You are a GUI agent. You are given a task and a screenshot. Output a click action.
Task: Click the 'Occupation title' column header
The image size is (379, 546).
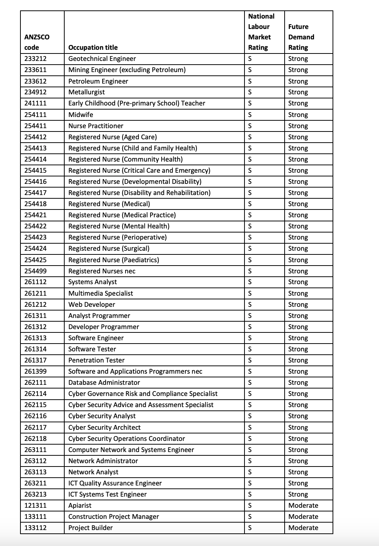click(93, 48)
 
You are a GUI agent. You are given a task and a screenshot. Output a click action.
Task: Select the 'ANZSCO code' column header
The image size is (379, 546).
click(37, 42)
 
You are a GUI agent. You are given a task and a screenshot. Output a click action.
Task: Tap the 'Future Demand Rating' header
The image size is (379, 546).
click(301, 37)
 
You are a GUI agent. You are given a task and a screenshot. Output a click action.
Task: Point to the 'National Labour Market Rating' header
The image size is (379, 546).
click(261, 32)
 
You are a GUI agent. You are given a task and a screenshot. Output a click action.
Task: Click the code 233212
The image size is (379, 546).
click(36, 59)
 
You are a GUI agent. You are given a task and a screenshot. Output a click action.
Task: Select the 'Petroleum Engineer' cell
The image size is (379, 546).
click(98, 81)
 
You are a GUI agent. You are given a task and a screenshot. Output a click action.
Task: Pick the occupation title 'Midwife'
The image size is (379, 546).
click(81, 115)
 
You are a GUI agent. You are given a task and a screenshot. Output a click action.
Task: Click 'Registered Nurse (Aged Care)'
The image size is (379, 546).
click(113, 137)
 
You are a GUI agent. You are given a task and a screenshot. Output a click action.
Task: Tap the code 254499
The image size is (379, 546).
click(36, 271)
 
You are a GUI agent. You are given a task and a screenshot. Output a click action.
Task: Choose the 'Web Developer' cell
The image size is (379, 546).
click(92, 305)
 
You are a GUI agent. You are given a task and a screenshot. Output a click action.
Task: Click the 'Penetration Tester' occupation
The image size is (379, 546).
click(96, 360)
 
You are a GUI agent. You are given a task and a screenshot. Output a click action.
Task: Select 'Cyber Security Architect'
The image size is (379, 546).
click(104, 428)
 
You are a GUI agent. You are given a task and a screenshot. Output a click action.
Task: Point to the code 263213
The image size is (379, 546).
click(36, 494)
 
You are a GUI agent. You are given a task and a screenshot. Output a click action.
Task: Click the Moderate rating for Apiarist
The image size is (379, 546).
click(303, 506)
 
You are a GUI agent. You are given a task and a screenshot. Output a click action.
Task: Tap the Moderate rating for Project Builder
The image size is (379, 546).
click(303, 528)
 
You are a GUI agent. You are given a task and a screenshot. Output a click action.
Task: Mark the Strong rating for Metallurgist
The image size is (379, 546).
click(298, 92)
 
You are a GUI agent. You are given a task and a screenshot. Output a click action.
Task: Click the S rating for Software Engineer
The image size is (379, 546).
click(250, 338)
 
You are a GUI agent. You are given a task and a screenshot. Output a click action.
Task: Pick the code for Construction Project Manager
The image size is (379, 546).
click(36, 517)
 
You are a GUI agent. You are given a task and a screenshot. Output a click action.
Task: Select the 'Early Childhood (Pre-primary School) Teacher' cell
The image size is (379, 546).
click(137, 103)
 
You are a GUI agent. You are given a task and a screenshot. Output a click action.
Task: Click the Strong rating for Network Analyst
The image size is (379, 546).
click(298, 472)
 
